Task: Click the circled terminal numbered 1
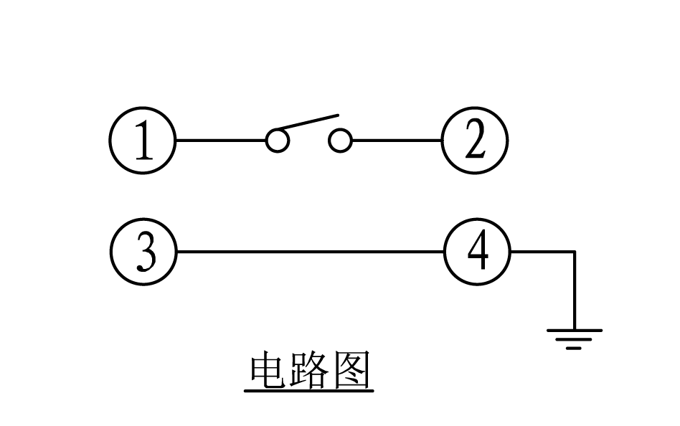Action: (143, 141)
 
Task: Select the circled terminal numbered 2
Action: (474, 141)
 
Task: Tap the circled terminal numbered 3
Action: (143, 252)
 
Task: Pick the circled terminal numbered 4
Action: (477, 252)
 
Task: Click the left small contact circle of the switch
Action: (277, 141)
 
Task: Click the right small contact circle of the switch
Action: (340, 141)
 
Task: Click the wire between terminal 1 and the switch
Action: (220, 141)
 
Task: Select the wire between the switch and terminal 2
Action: (396, 141)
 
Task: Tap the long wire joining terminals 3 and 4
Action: (310, 252)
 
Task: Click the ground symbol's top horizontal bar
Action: (575, 331)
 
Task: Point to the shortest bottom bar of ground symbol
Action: (574, 348)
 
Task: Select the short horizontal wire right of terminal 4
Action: (542, 252)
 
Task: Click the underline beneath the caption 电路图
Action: (308, 392)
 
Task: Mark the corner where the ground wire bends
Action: (574, 252)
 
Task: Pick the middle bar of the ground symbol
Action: (574, 340)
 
